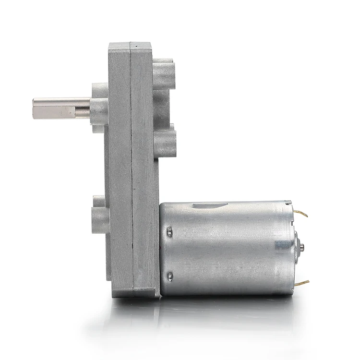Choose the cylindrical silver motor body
point(226,247)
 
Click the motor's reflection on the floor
point(226,312)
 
